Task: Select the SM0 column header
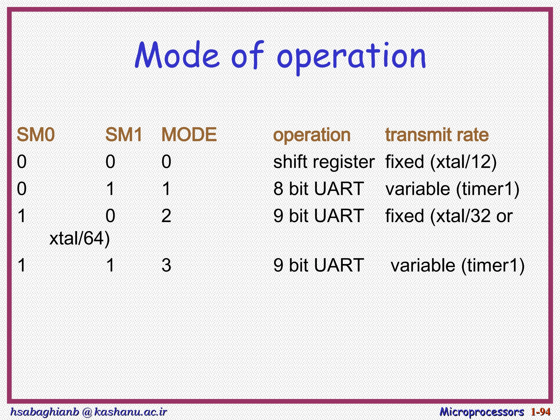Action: pyautogui.click(x=36, y=135)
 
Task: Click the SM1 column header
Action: pyautogui.click(x=124, y=135)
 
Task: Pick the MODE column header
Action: pyautogui.click(x=189, y=135)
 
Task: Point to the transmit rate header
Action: pyautogui.click(x=437, y=135)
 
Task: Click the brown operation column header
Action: pyautogui.click(x=312, y=135)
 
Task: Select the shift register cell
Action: pyautogui.click(x=324, y=162)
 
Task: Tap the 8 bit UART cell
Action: pyautogui.click(x=319, y=189)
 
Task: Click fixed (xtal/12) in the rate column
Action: pyautogui.click(x=441, y=162)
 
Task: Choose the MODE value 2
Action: pyautogui.click(x=166, y=216)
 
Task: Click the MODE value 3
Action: pyautogui.click(x=166, y=265)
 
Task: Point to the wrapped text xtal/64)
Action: pyautogui.click(x=80, y=238)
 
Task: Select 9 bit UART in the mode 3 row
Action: pyautogui.click(x=319, y=265)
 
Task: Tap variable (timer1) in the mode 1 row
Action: pyautogui.click(x=452, y=189)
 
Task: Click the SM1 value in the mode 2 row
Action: pyautogui.click(x=110, y=216)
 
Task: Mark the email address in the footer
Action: pyautogui.click(x=88, y=412)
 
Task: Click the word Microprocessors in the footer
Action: pyautogui.click(x=482, y=412)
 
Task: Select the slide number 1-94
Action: pyautogui.click(x=541, y=412)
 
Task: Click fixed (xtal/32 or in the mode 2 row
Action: pyautogui.click(x=449, y=216)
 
